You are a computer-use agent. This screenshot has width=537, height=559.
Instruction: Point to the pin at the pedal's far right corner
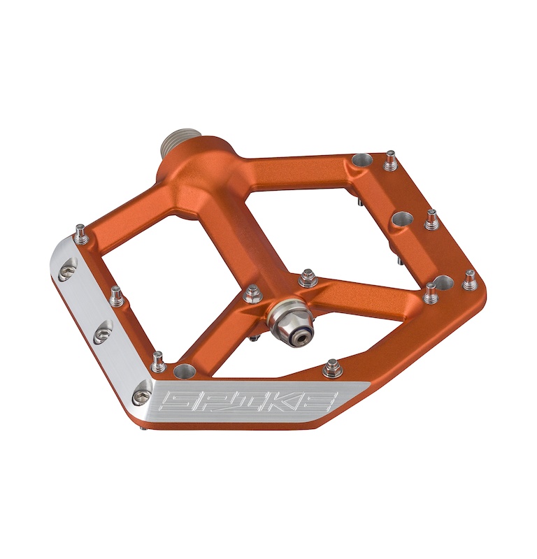pos(470,279)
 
